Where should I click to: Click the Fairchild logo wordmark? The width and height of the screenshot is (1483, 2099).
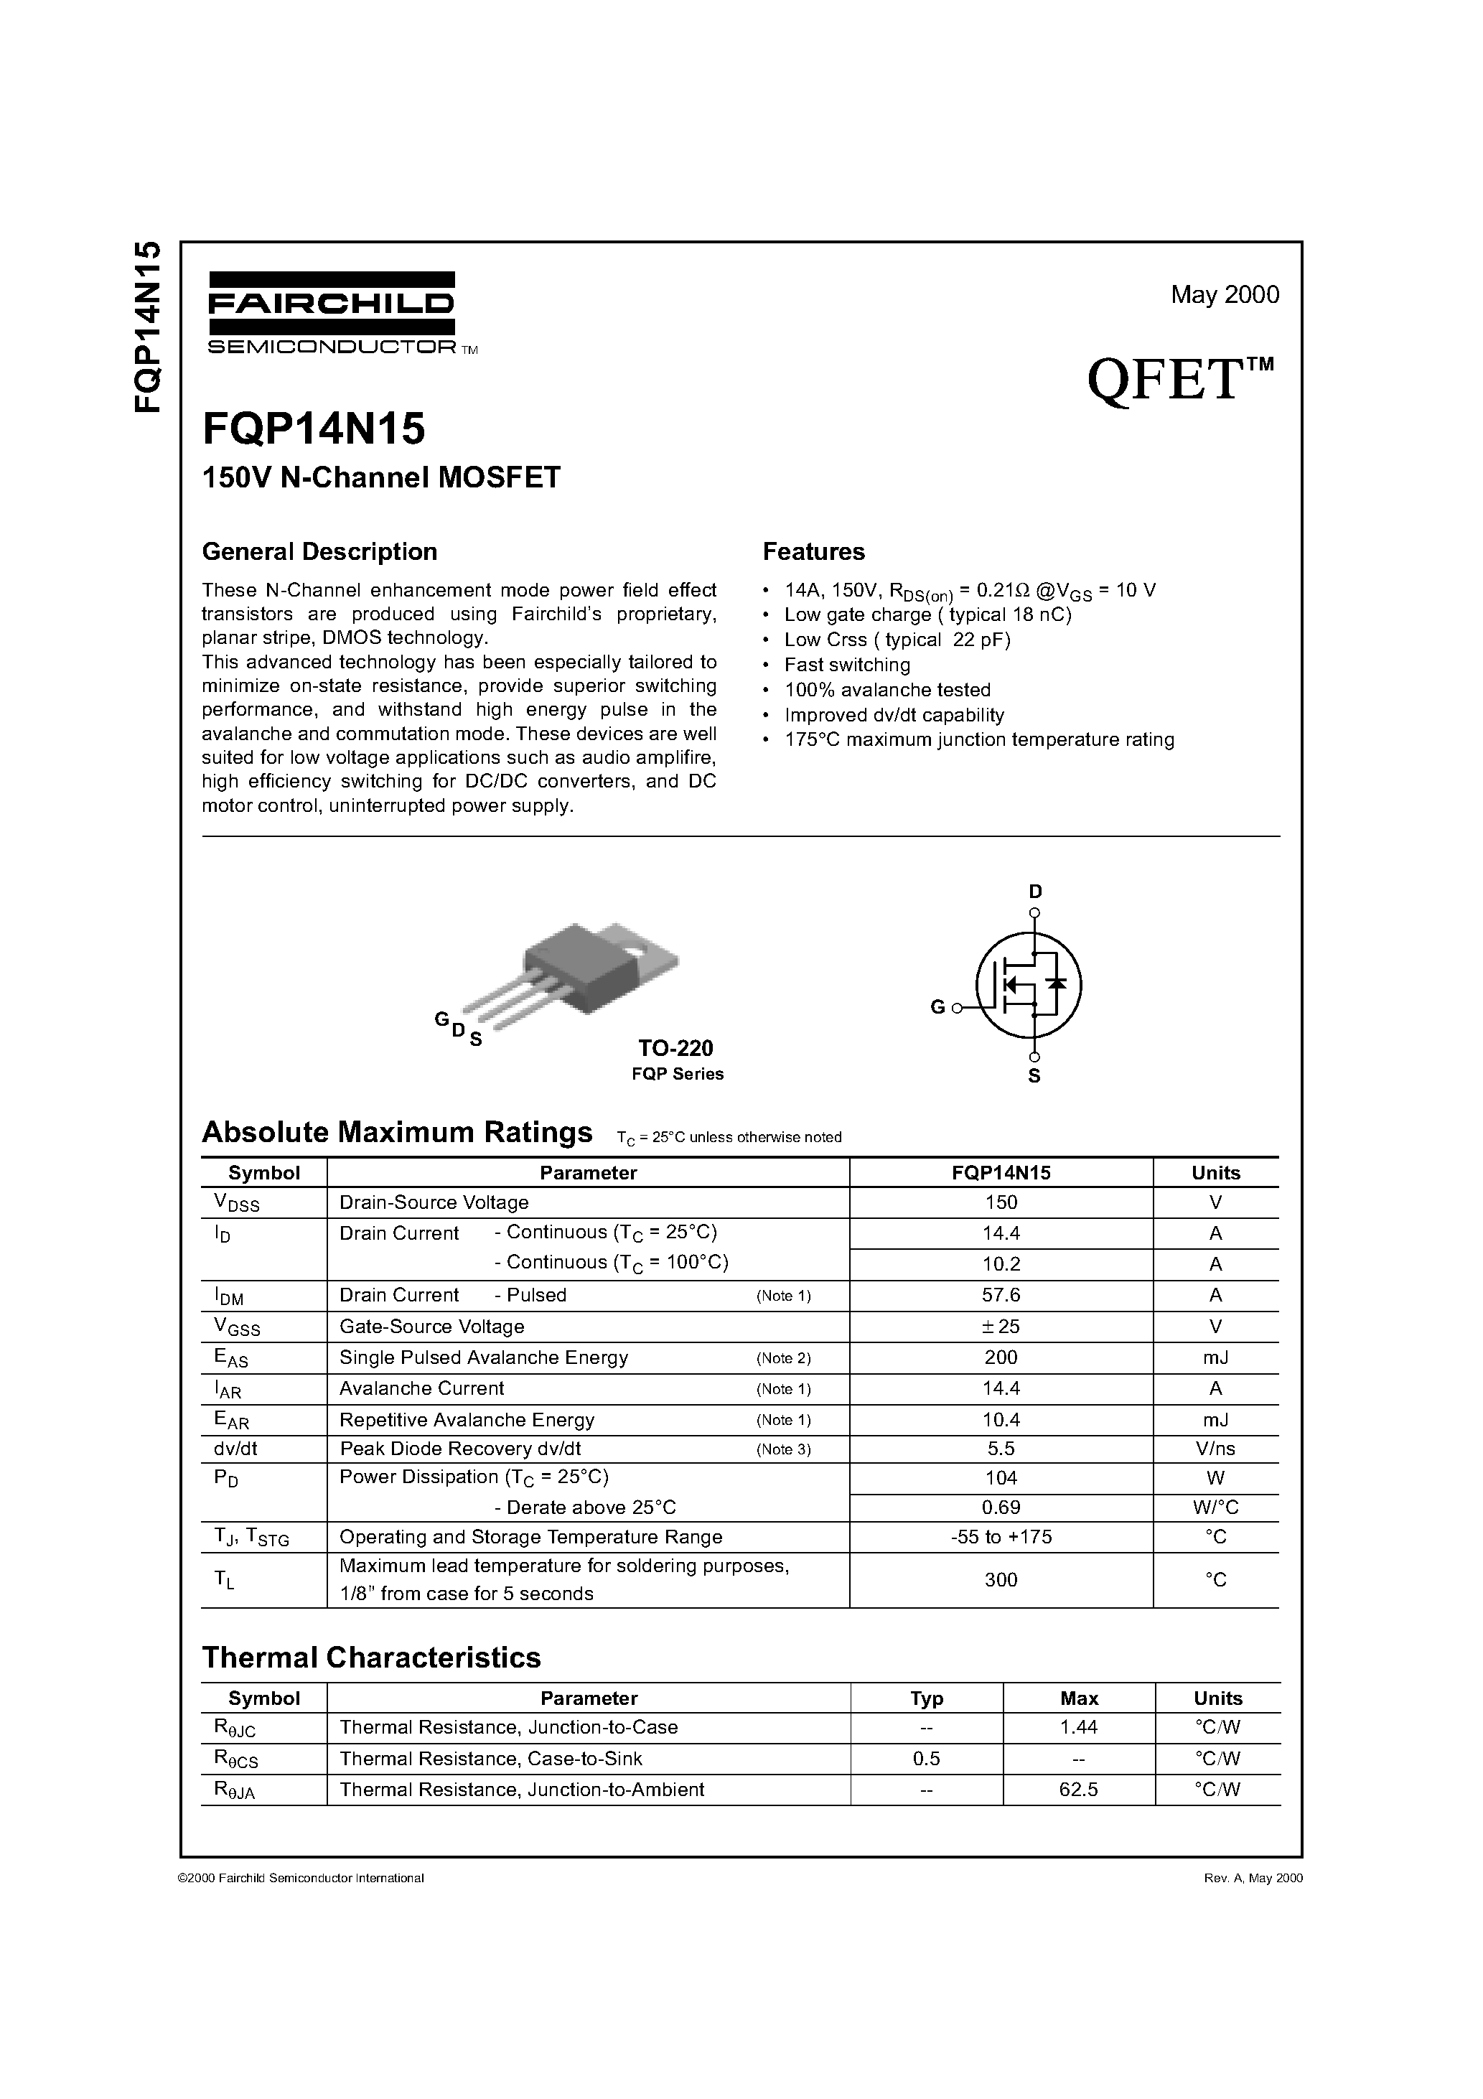point(331,304)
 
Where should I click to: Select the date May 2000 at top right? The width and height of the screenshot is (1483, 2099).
point(1225,294)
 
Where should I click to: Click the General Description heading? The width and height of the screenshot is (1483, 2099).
point(319,551)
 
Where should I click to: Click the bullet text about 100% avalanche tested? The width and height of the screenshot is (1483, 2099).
point(887,689)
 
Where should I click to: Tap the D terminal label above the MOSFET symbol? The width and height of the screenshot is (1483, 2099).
point(1034,892)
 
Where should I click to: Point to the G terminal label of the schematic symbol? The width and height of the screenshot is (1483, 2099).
point(937,1007)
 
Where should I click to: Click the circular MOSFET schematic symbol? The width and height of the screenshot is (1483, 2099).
point(1029,986)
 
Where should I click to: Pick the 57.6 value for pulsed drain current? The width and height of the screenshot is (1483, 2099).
point(1000,1294)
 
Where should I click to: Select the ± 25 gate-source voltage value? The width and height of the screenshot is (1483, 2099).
point(1000,1326)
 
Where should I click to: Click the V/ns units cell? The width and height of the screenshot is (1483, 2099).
point(1215,1448)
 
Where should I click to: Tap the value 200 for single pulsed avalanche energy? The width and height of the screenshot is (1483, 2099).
point(1000,1357)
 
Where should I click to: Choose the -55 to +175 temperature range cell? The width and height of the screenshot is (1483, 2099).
point(1000,1536)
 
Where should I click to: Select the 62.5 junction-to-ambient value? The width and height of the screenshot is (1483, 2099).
point(1078,1788)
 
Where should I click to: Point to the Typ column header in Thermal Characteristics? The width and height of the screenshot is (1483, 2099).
point(926,1698)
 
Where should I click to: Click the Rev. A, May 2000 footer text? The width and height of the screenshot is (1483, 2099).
point(1252,1878)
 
